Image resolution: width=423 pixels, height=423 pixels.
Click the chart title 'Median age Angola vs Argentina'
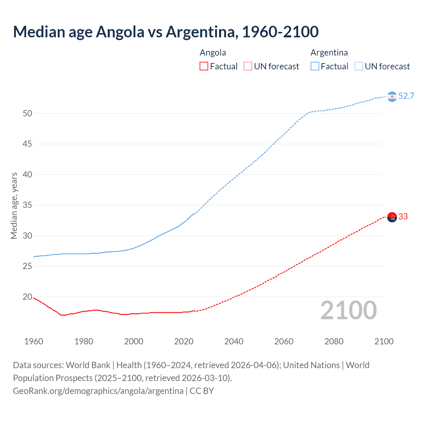point(166,32)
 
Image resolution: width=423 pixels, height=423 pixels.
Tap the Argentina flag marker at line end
point(392,96)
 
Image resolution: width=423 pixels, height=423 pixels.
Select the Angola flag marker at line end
point(392,217)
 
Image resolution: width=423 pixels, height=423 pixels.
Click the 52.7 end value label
point(406,96)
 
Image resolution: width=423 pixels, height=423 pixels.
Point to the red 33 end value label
point(403,217)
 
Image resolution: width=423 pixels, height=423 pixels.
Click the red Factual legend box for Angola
point(204,66)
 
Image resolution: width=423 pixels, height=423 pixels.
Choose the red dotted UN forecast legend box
point(248,66)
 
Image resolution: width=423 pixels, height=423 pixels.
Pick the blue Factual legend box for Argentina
point(315,66)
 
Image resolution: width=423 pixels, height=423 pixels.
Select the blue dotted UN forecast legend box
point(359,66)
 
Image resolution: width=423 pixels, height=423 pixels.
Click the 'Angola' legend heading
point(213,53)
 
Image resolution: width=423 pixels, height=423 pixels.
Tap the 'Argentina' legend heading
point(329,53)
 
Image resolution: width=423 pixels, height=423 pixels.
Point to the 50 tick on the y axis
point(27,113)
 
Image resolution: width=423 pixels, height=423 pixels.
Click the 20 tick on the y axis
point(27,297)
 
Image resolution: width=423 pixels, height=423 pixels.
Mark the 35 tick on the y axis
point(27,205)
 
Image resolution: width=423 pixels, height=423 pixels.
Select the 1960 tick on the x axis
point(34,341)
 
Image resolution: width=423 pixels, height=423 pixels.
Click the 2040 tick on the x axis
point(234,341)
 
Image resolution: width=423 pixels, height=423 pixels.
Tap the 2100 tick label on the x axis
point(384,341)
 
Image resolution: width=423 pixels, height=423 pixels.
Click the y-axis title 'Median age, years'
point(14,206)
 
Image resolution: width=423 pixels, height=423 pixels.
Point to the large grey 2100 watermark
point(348,310)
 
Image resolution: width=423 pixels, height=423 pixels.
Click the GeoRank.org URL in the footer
point(98,391)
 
